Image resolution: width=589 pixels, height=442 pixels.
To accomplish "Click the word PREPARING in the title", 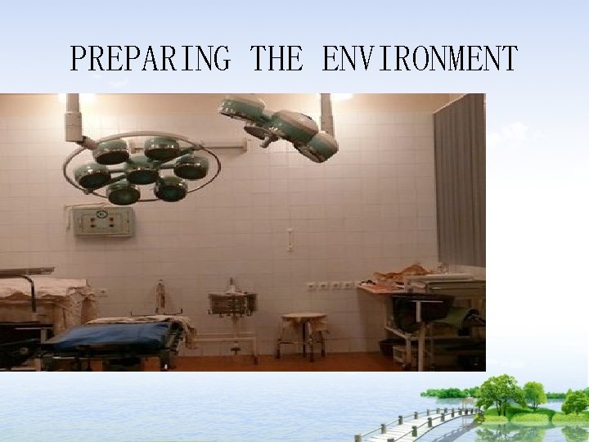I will pyautogui.click(x=150, y=59).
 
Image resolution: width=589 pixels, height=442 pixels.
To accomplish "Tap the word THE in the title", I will pyautogui.click(x=277, y=59).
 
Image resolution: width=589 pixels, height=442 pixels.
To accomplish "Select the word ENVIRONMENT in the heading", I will pyautogui.click(x=420, y=59).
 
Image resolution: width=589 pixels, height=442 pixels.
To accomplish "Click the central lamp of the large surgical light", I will pyautogui.click(x=142, y=170).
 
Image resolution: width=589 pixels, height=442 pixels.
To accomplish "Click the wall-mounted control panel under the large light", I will pyautogui.click(x=103, y=221).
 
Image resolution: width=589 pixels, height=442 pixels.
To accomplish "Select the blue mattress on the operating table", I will pyautogui.click(x=110, y=335).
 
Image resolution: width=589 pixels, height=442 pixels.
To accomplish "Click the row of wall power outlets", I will pyautogui.click(x=331, y=286).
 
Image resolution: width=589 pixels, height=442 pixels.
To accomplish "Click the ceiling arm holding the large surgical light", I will pyautogui.click(x=74, y=120).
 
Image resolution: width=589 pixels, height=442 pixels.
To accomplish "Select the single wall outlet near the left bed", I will pyautogui.click(x=103, y=292).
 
